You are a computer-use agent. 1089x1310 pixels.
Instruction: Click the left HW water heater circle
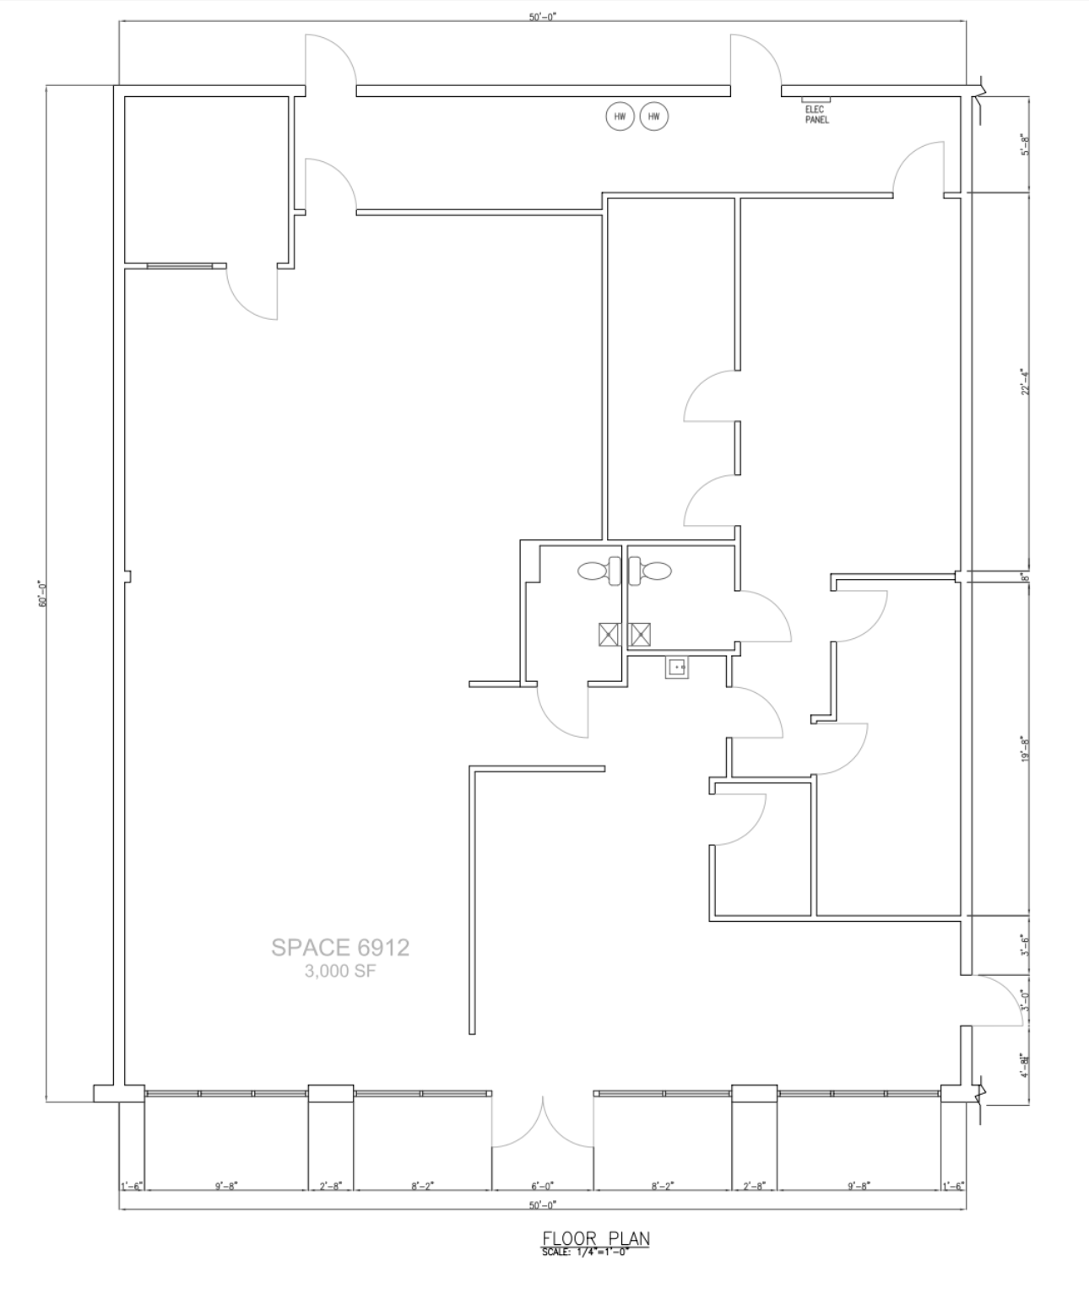tap(620, 117)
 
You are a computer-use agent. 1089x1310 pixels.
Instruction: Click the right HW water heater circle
tap(653, 117)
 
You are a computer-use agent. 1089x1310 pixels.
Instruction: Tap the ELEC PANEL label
tap(816, 115)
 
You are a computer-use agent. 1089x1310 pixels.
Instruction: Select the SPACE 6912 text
tap(340, 948)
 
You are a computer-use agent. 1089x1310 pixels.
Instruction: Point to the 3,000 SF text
tap(340, 972)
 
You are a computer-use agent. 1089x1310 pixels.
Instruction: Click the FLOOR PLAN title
tap(595, 1239)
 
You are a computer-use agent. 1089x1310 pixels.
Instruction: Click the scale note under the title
tap(585, 1252)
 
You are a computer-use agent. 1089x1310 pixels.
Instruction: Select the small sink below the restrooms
tap(675, 668)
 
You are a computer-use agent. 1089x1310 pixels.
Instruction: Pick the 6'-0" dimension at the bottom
tap(543, 1186)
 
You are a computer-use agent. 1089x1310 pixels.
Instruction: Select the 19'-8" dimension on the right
tap(1026, 748)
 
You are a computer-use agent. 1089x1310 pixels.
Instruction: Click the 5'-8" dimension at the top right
tap(1026, 145)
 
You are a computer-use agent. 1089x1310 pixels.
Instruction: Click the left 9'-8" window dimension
tap(226, 1186)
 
